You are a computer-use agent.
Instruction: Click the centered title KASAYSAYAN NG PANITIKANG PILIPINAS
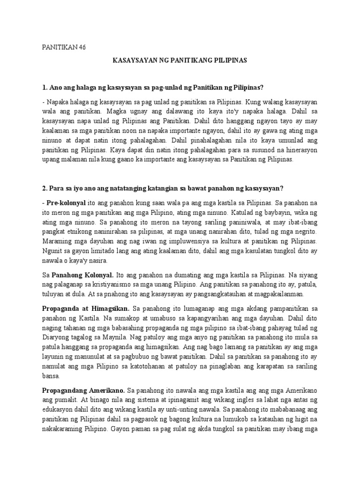(180, 61)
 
